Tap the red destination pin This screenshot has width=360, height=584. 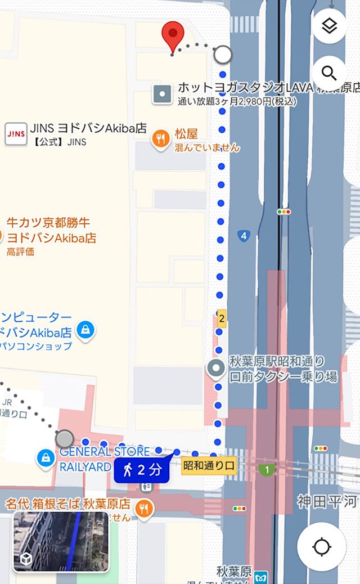[173, 35]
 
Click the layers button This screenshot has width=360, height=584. [329, 26]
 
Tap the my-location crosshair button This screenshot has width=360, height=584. [322, 546]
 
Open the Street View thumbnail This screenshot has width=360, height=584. [61, 541]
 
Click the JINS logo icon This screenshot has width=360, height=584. [15, 134]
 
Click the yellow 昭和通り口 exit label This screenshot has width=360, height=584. [209, 466]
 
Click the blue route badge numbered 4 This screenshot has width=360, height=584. [243, 236]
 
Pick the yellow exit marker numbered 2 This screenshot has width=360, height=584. [222, 319]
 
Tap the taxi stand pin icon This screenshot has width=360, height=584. [216, 369]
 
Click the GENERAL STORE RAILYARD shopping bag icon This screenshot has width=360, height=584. [45, 458]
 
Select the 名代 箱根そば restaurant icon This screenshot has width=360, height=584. [145, 509]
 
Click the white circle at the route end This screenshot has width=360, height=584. [223, 55]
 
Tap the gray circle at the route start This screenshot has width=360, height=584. [65, 438]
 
